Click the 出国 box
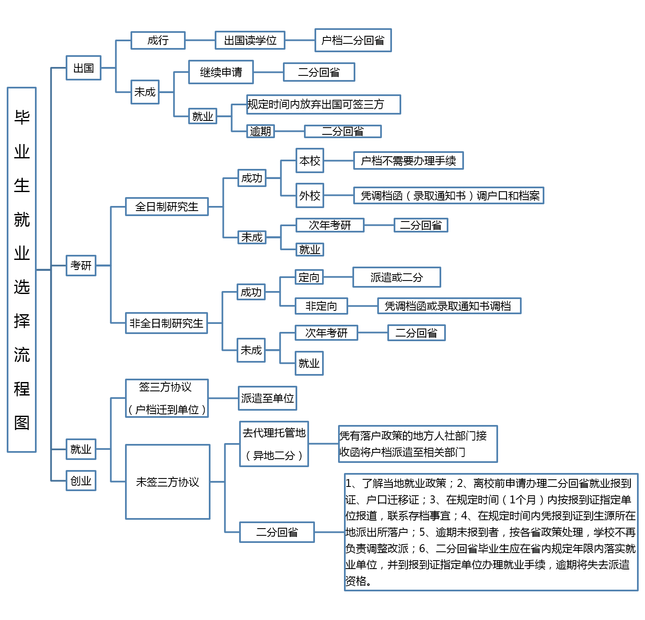point(83,68)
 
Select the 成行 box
point(158,40)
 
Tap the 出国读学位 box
point(250,40)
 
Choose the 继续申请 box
point(221,72)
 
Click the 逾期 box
point(261,131)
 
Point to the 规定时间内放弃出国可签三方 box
point(323,104)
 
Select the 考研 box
point(81,265)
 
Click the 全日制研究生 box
point(167,207)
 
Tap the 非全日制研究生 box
point(166,323)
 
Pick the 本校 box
point(310,160)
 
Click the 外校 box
point(310,195)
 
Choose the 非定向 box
point(321,306)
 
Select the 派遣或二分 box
point(397,277)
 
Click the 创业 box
point(81,481)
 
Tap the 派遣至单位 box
point(267,398)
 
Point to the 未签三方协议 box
point(168,482)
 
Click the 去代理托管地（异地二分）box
point(274,444)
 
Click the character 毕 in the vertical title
point(22,117)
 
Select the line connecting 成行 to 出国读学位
point(200,40)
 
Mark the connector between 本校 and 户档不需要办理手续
point(338,160)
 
